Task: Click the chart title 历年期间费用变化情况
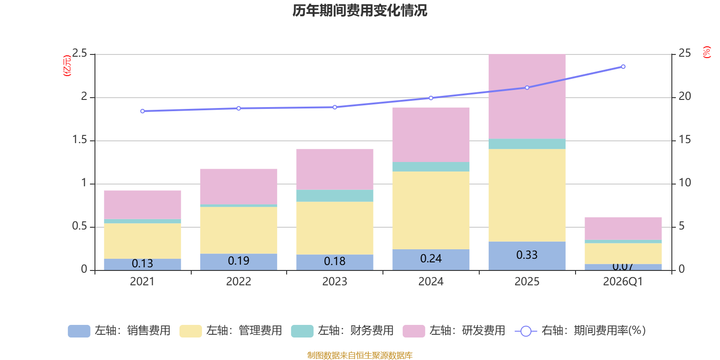[x=360, y=10]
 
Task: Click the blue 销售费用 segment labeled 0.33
[x=526, y=256]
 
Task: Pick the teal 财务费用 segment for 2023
[x=334, y=196]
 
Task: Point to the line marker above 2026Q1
[x=623, y=67]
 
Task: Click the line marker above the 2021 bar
[x=142, y=111]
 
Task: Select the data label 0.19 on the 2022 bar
[x=238, y=261]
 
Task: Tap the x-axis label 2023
[x=334, y=282]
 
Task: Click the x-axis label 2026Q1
[x=623, y=282]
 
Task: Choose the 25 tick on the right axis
[x=684, y=54]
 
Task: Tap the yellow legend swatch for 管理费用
[x=190, y=331]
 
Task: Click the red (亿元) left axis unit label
[x=67, y=66]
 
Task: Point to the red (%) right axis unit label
[x=706, y=52]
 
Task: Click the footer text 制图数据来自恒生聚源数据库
[x=360, y=355]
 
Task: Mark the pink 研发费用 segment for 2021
[x=142, y=205]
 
